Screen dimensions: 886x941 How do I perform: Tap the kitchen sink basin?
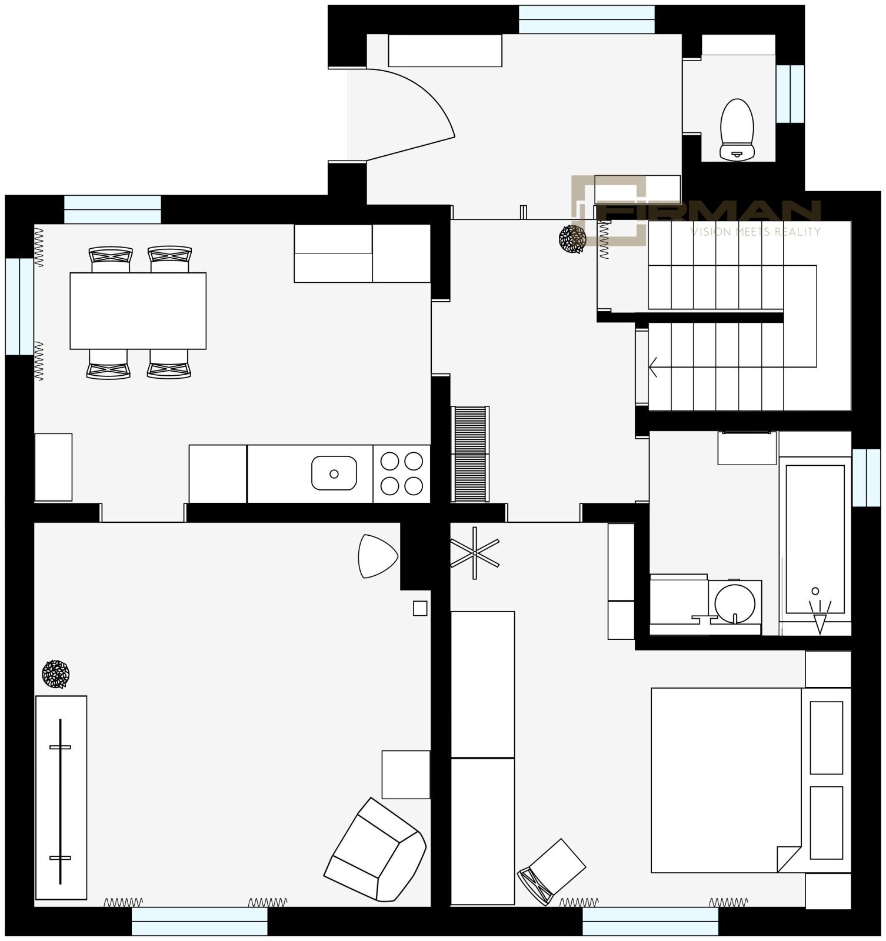tap(334, 473)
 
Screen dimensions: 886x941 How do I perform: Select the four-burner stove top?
tap(401, 473)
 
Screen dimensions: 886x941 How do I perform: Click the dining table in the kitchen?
tap(138, 311)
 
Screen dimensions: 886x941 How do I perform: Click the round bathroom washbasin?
tap(735, 602)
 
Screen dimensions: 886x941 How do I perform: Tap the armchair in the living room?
tap(375, 850)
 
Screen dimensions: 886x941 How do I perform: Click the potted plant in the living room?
tap(56, 674)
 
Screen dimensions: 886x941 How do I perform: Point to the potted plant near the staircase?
tap(572, 239)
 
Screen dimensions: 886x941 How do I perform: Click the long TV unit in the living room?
tap(61, 797)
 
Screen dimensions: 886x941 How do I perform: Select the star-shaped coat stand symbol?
tap(475, 553)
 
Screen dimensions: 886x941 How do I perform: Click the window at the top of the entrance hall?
tap(587, 19)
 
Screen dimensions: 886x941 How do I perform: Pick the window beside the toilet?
tap(790, 94)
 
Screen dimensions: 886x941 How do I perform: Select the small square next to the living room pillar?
tap(420, 608)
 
